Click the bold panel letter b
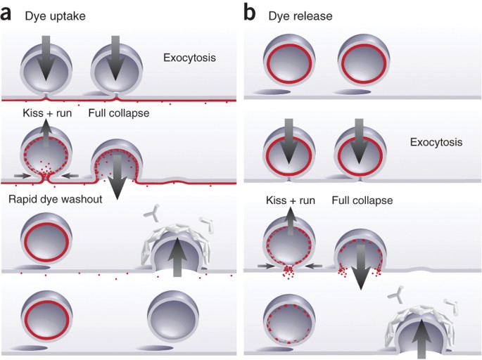tap(250, 12)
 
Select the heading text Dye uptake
tap(53, 12)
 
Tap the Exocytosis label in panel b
tap(437, 142)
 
